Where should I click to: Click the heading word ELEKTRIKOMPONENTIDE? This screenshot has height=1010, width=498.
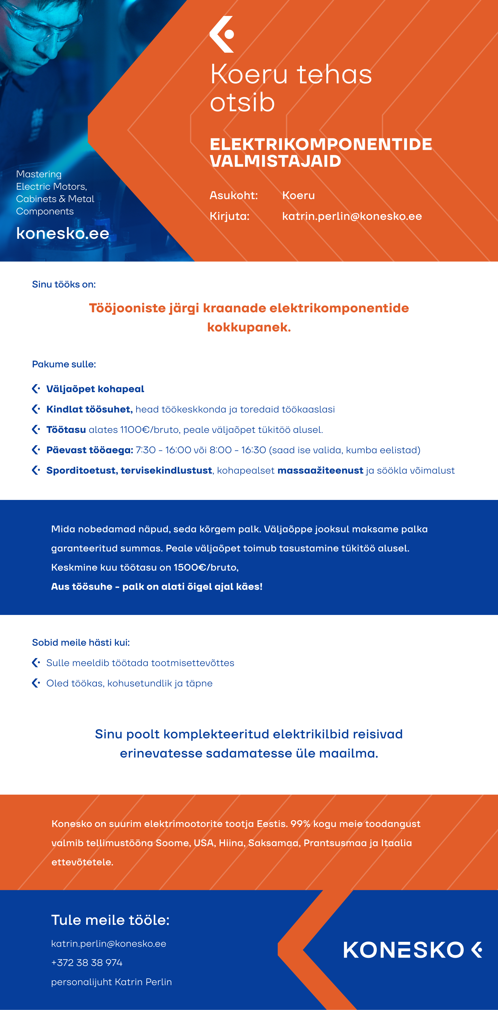point(321,144)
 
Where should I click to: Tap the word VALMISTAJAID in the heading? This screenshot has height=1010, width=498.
point(275,161)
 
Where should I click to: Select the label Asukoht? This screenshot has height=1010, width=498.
point(234,195)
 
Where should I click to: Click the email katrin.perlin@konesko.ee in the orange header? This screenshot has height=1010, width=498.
point(352,216)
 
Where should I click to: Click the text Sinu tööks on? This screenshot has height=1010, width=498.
point(64,284)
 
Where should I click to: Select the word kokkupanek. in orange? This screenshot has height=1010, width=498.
point(249,327)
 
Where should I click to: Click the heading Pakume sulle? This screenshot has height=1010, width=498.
point(64,364)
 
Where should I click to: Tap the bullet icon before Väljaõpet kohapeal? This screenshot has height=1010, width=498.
point(36,389)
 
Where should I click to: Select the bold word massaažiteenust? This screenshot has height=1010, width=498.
point(320,470)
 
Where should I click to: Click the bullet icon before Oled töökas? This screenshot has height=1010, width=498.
point(36,683)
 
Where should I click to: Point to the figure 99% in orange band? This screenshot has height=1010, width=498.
point(300,824)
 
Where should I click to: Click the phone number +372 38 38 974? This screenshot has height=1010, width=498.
point(87,963)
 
